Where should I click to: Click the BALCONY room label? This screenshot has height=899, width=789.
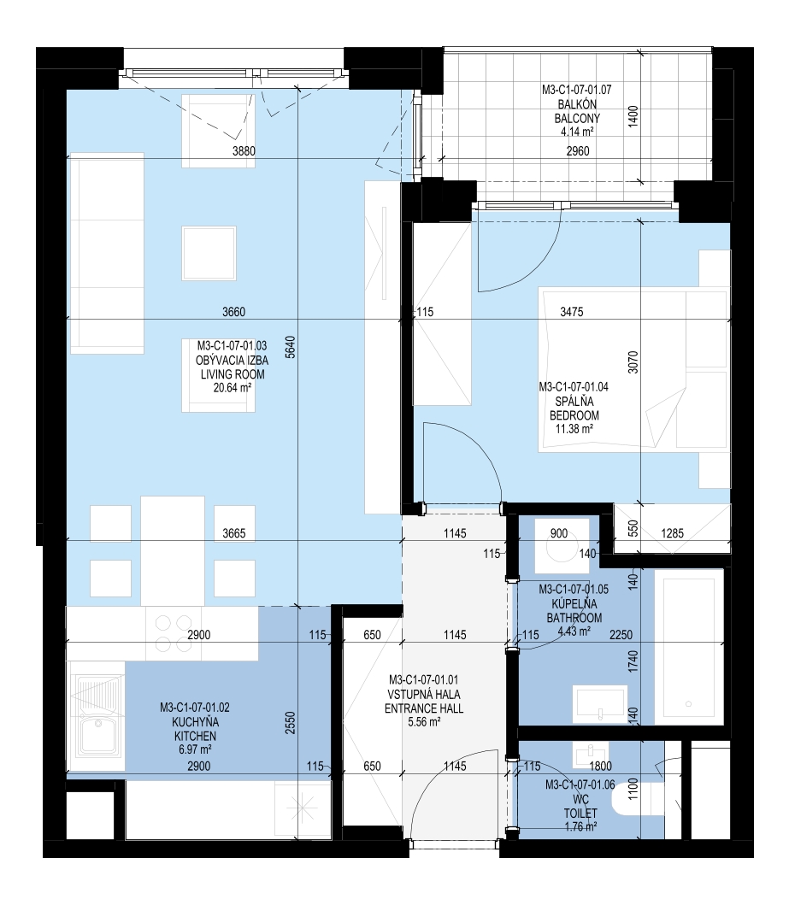[577, 119]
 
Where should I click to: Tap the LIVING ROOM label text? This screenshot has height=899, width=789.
[233, 374]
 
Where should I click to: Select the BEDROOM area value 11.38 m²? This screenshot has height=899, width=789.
[574, 429]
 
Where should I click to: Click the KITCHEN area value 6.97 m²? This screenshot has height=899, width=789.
[195, 749]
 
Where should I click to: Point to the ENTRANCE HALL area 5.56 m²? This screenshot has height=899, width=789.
[424, 722]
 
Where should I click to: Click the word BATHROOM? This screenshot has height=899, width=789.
[574, 618]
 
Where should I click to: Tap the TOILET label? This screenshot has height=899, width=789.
[580, 813]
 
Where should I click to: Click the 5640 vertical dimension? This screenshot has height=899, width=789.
[291, 346]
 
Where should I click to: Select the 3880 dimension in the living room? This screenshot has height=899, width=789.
[244, 151]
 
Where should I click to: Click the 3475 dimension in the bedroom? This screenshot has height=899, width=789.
[572, 312]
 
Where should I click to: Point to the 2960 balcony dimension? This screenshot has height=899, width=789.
[577, 151]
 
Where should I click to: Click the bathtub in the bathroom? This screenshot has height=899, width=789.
[689, 647]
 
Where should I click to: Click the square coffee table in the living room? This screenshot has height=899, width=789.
[209, 253]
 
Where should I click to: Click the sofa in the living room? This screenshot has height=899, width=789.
[107, 253]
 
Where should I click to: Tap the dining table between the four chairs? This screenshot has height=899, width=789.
[173, 551]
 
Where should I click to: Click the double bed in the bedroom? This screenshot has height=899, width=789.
[633, 369]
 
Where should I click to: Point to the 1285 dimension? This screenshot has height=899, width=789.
[672, 533]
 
